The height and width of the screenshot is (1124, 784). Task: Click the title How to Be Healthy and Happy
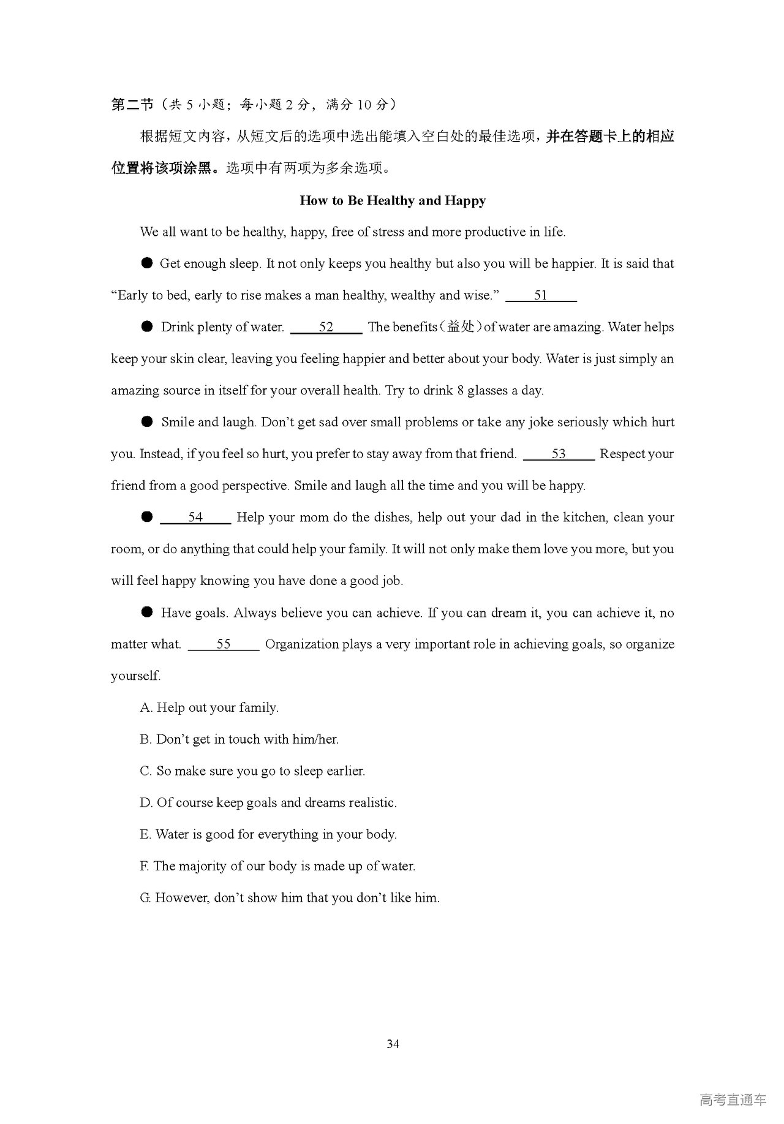393,201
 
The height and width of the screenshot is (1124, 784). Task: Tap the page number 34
393,1044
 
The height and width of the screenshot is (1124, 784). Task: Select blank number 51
541,296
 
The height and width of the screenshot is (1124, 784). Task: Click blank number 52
326,328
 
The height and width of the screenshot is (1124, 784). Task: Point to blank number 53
559,455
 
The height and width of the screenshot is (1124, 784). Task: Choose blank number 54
195,518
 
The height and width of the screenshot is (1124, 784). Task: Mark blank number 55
224,644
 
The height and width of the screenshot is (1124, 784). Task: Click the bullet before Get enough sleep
147,263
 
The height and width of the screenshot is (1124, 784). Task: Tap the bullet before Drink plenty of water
147,327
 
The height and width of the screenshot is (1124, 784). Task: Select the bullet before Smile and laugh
147,422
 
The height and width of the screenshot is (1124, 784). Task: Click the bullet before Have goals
147,613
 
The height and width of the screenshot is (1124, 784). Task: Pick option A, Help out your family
209,708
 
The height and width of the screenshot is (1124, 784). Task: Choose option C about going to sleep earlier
252,771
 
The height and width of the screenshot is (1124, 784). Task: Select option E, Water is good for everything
268,835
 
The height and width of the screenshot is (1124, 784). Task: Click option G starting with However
290,899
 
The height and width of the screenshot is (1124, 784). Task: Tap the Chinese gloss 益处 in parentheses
461,327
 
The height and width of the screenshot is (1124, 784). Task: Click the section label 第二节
132,105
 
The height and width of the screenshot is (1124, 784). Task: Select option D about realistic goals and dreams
268,803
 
